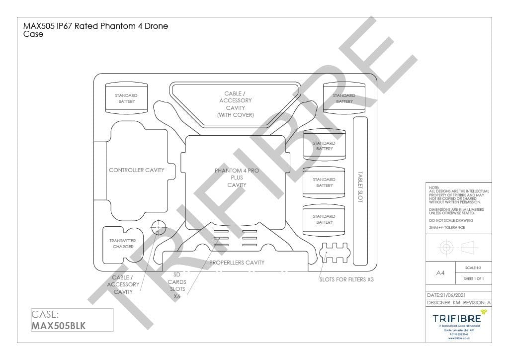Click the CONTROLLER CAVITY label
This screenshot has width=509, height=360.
click(136, 170)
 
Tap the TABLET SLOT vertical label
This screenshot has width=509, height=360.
click(360, 187)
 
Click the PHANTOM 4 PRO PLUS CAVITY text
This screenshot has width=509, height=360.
click(237, 178)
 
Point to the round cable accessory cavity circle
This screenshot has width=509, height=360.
click(159, 228)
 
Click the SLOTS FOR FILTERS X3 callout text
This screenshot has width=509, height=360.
click(346, 279)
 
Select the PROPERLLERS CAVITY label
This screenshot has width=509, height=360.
click(237, 263)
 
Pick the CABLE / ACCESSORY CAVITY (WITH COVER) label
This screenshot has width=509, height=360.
click(235, 104)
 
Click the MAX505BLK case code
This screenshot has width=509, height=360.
click(59, 326)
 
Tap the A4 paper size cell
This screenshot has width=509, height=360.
click(440, 273)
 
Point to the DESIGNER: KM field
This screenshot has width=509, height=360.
click(443, 302)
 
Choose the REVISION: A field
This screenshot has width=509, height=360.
click(476, 302)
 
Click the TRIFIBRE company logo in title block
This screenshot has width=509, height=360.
click(457, 318)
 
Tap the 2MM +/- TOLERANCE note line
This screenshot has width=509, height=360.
click(447, 227)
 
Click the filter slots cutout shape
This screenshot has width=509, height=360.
click(334, 252)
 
